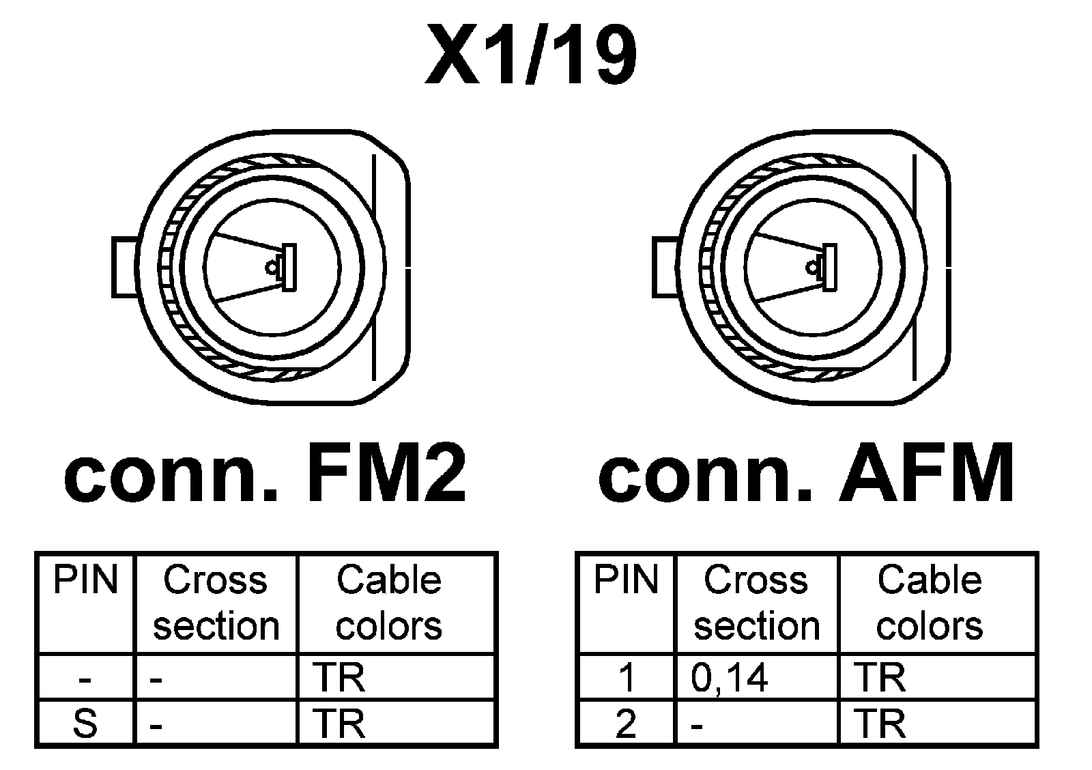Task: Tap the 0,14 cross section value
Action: (729, 677)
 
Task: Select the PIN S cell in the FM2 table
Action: (85, 723)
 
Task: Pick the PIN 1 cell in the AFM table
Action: (626, 677)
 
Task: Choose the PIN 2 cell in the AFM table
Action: (626, 723)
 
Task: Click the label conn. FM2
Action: (265, 473)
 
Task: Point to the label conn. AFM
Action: (805, 473)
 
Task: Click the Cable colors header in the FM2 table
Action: (389, 603)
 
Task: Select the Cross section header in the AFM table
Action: (756, 603)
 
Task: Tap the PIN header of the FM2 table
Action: (85, 580)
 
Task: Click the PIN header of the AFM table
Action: (626, 580)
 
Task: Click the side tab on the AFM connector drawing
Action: (665, 267)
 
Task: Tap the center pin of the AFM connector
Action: (813, 267)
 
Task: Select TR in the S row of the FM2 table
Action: (339, 723)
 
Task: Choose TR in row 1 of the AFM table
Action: (880, 677)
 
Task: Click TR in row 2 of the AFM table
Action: (880, 723)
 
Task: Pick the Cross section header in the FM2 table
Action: (216, 603)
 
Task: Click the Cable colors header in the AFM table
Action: (929, 603)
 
